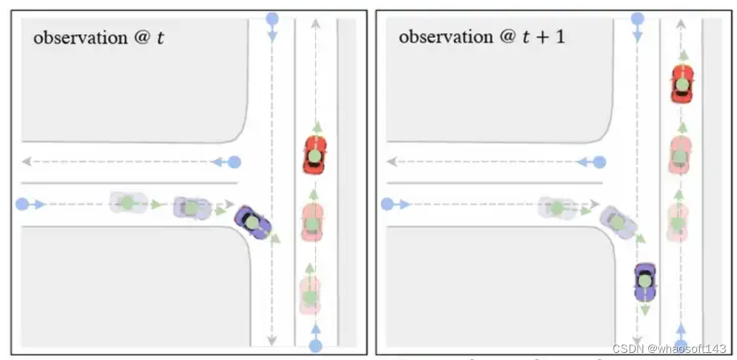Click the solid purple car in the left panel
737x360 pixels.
coord(253,223)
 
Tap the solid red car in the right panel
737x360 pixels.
coord(683,84)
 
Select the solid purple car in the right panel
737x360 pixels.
coord(645,281)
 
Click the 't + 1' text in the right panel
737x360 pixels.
coord(543,37)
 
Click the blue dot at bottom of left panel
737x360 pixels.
coord(316,346)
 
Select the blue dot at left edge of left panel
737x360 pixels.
coord(23,205)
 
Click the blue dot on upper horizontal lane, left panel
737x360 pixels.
coord(235,162)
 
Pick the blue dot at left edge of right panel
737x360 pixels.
coord(387,204)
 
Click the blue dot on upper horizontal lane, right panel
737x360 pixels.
coord(600,162)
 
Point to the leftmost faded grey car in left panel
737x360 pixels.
coord(127,203)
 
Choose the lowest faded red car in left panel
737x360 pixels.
coord(310,296)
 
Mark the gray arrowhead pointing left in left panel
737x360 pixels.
coord(27,162)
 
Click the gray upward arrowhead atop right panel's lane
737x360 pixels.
coord(680,24)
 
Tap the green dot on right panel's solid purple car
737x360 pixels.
coord(645,282)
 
